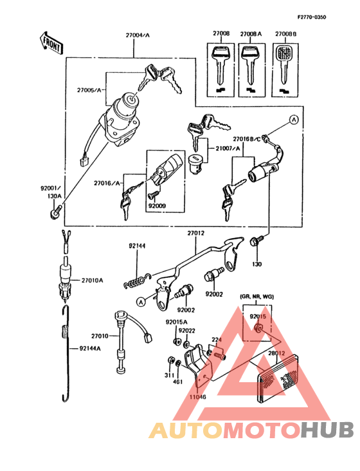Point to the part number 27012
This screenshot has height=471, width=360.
(x=196, y=233)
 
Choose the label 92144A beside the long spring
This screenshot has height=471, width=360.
(x=91, y=348)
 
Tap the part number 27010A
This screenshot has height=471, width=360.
(x=93, y=281)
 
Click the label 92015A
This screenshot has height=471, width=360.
(x=175, y=322)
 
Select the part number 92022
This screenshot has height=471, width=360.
(x=188, y=330)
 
